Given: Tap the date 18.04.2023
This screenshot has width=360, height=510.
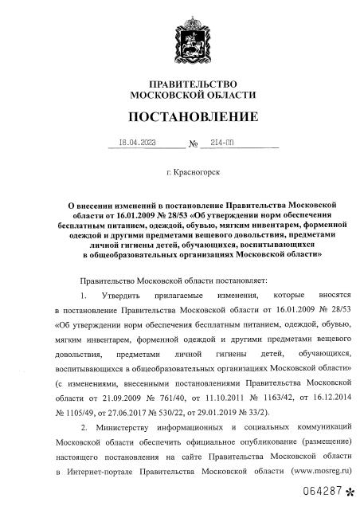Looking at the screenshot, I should pyautogui.click(x=136, y=144).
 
